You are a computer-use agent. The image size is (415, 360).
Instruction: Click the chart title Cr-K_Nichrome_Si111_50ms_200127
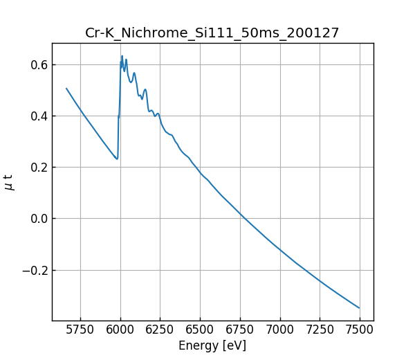point(212,33)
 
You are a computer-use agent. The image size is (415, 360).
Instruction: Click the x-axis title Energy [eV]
point(212,345)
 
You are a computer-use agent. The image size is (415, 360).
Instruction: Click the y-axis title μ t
point(9,182)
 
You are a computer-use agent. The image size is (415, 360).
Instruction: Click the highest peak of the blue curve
point(122,56)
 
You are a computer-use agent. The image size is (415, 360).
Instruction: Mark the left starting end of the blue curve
point(66,89)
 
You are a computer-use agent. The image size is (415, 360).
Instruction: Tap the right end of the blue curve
point(359,308)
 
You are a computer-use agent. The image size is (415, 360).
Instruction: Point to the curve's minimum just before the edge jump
point(117,159)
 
